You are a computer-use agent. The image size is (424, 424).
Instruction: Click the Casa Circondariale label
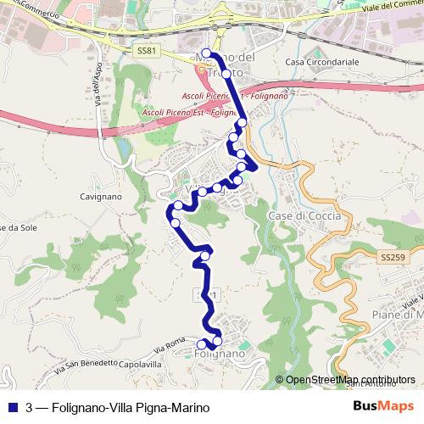click(x=322, y=63)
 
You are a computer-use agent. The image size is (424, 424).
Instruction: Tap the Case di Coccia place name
click(x=304, y=216)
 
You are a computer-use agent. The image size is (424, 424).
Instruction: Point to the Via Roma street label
click(x=170, y=348)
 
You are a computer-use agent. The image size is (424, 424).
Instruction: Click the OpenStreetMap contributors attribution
click(x=344, y=380)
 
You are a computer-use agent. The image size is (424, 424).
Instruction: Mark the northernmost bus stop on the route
click(x=206, y=53)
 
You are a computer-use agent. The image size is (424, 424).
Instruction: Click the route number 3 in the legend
click(x=30, y=407)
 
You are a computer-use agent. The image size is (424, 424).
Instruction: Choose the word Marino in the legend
click(x=190, y=407)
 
